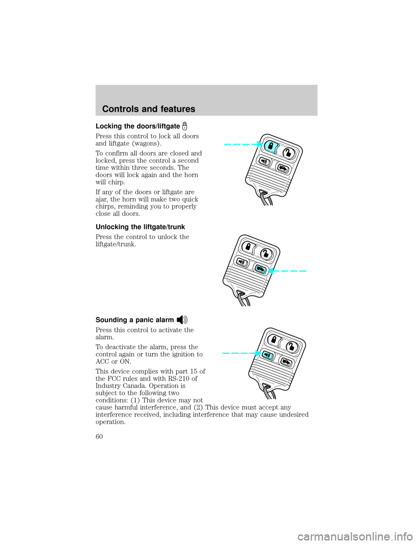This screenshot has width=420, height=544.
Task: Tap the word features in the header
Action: pyautogui.click(x=174, y=109)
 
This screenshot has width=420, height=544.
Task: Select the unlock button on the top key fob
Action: pyautogui.click(x=289, y=153)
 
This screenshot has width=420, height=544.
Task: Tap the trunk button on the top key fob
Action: pyautogui.click(x=283, y=169)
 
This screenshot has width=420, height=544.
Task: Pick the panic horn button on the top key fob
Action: pyautogui.click(x=265, y=162)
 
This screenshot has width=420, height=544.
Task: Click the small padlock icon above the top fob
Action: pyautogui.click(x=185, y=126)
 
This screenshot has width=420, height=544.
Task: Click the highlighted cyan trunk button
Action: pyautogui.click(x=259, y=270)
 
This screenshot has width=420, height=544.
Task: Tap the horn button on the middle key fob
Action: pyautogui.click(x=241, y=263)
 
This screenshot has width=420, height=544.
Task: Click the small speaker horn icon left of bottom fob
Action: pyautogui.click(x=182, y=320)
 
